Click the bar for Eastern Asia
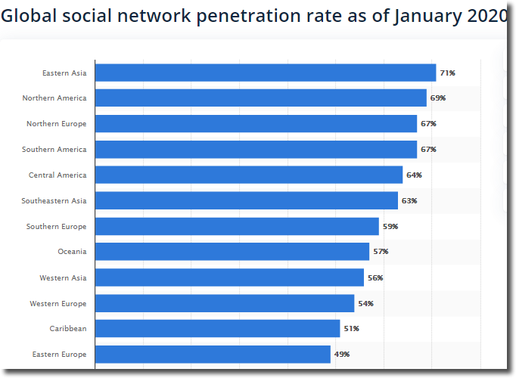[265, 73]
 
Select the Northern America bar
[260, 98]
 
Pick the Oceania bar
[232, 252]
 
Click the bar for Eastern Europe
[213, 354]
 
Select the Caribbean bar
[217, 329]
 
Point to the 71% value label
[447, 73]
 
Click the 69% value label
[438, 98]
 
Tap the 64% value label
[414, 175]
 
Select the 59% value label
[390, 227]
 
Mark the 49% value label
[342, 355]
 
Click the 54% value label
[365, 304]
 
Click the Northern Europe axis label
[56, 124]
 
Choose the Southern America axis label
[54, 150]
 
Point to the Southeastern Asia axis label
[54, 201]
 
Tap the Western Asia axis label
[63, 278]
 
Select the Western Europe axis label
[58, 304]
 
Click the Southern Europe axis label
[56, 227]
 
